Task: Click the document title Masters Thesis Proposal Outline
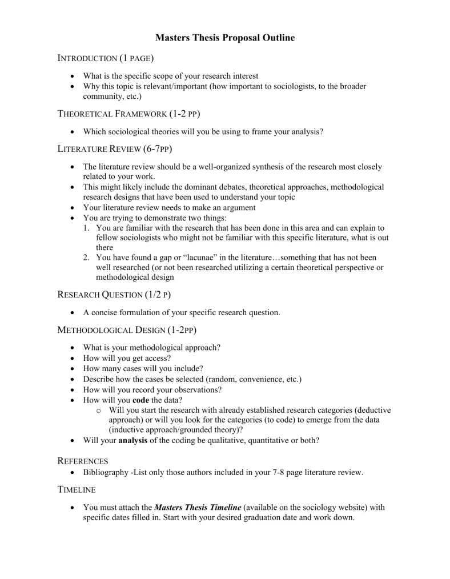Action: point(225,38)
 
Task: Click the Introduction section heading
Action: point(106,58)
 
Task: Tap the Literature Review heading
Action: point(115,149)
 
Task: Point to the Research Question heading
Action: point(114,295)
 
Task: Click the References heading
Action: point(83,461)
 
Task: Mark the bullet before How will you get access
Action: point(71,359)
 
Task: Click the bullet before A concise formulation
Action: point(71,313)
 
